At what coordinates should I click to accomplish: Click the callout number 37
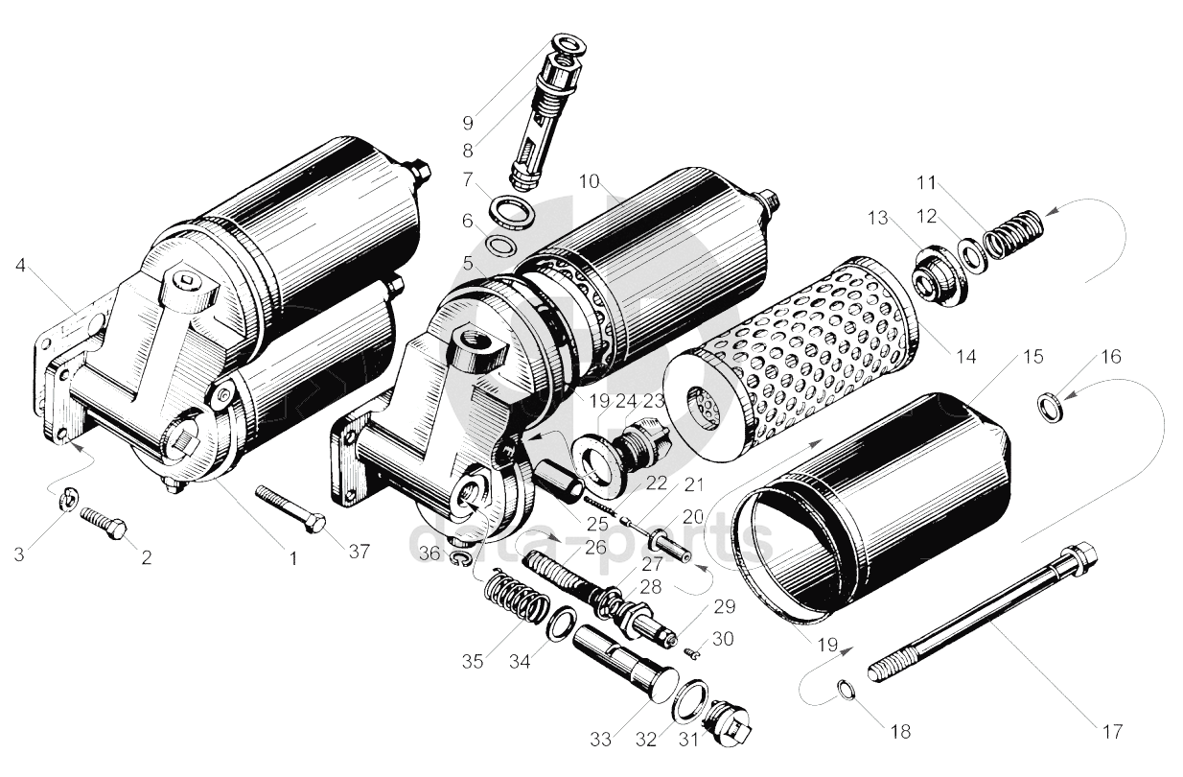(360, 552)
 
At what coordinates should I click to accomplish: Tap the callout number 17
(1112, 732)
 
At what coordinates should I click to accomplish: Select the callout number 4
(20, 265)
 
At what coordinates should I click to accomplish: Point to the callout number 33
(600, 740)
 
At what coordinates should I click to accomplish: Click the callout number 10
(590, 181)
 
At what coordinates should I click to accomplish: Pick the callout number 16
(1111, 356)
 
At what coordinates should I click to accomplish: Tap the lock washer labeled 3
(69, 500)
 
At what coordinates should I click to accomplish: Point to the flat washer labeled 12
(972, 254)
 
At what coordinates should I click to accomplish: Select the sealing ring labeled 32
(691, 699)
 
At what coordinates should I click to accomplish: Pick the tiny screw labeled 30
(693, 653)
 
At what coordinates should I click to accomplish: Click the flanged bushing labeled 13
(938, 275)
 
